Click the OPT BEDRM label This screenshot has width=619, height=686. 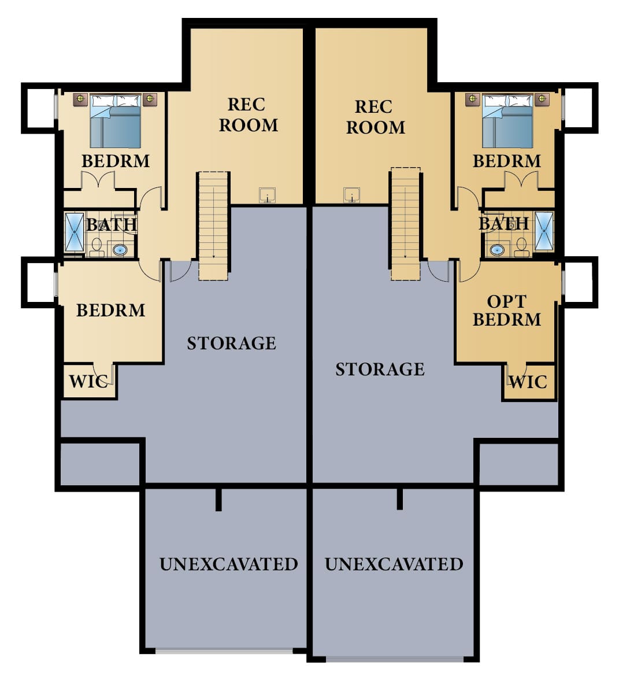pyautogui.click(x=507, y=311)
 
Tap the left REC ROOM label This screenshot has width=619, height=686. pyautogui.click(x=249, y=115)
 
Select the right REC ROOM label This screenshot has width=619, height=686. pyautogui.click(x=376, y=117)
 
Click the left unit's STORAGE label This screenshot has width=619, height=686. pyautogui.click(x=232, y=344)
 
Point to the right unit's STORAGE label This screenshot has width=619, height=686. pyautogui.click(x=380, y=370)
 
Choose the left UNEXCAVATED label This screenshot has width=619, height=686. pyautogui.click(x=228, y=565)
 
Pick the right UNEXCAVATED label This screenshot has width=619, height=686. pyautogui.click(x=394, y=565)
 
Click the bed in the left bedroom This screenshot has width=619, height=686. pyautogui.click(x=116, y=122)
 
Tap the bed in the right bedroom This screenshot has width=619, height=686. pyautogui.click(x=507, y=122)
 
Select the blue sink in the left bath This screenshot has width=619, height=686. pyautogui.click(x=120, y=250)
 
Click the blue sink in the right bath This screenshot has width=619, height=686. pyautogui.click(x=496, y=250)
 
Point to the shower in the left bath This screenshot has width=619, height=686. pyautogui.click(x=74, y=232)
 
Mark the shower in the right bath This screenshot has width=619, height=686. pyautogui.click(x=544, y=231)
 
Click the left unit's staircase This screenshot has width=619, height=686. pyautogui.click(x=214, y=226)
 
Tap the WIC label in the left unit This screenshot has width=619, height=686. pyautogui.click(x=88, y=382)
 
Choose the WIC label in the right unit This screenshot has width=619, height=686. pyautogui.click(x=528, y=382)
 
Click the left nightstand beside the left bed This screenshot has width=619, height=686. pyautogui.click(x=80, y=99)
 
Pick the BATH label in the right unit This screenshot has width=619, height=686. pyautogui.click(x=503, y=223)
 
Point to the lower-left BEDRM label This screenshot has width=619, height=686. pyautogui.click(x=110, y=311)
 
